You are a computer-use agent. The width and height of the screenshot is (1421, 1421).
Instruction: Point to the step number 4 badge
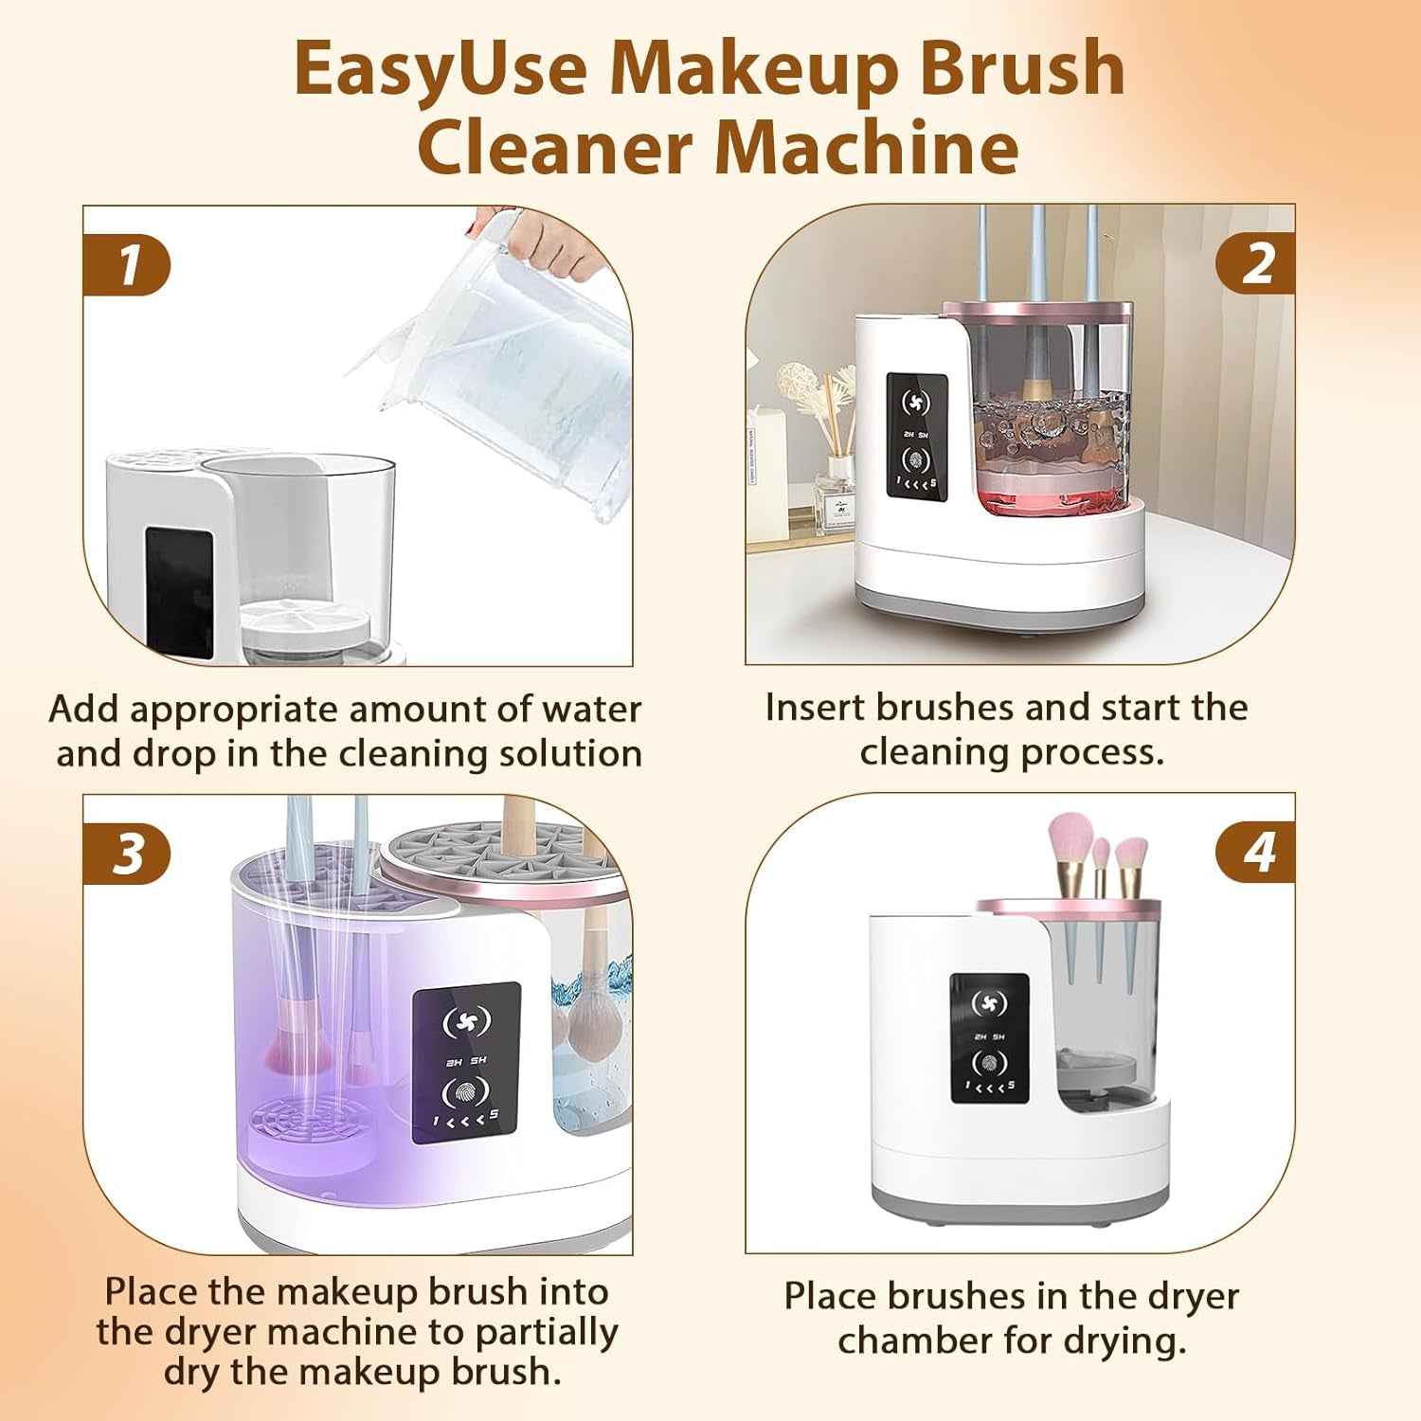(x=1256, y=852)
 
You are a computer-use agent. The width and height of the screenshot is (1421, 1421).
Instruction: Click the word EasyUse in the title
(x=440, y=69)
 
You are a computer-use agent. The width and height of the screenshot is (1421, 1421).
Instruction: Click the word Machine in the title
(x=866, y=148)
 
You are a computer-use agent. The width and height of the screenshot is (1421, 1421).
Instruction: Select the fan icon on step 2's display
(x=915, y=403)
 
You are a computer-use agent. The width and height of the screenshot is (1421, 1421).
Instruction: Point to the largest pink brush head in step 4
(x=1071, y=839)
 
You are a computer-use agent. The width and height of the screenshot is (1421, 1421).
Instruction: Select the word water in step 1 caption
(x=591, y=710)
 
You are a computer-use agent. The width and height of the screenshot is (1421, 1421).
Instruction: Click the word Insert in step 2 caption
(x=816, y=708)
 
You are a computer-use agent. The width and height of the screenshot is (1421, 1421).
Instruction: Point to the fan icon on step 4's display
(x=989, y=1003)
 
